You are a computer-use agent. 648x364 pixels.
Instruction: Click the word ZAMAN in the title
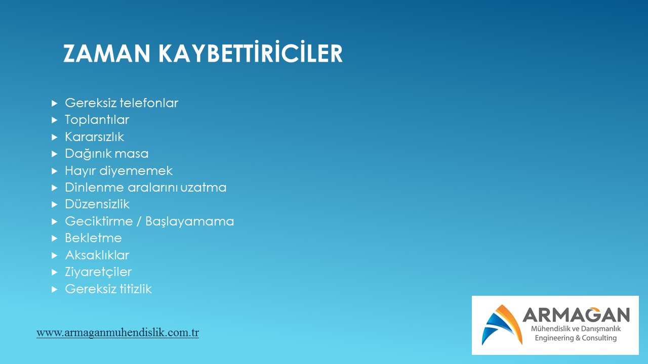(x=107, y=54)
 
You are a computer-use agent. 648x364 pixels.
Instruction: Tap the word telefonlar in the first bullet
(x=149, y=103)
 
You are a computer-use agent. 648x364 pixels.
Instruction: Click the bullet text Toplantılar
(x=97, y=120)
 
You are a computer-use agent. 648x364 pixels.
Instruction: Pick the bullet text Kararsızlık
(x=94, y=136)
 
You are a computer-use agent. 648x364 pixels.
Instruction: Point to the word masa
(x=132, y=154)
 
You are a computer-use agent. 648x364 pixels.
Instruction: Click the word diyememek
(x=136, y=171)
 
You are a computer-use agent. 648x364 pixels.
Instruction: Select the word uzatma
(x=204, y=188)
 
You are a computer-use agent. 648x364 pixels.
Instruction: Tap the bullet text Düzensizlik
(x=97, y=204)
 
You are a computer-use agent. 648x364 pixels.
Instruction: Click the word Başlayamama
(x=189, y=221)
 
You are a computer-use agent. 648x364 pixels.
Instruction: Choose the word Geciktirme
(x=99, y=221)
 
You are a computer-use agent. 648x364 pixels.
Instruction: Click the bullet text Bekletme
(x=93, y=238)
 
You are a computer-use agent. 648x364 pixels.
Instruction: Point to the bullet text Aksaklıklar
(x=97, y=255)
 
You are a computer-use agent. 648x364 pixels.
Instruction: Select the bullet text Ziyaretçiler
(x=98, y=272)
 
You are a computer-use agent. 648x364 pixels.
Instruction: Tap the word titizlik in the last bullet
(x=136, y=289)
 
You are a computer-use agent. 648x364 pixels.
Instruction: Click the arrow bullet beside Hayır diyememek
(x=54, y=171)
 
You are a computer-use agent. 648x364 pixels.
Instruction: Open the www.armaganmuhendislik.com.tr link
(x=118, y=333)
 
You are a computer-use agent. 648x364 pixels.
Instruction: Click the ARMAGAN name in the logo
(x=576, y=315)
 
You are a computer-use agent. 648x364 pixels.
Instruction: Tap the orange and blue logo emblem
(x=502, y=325)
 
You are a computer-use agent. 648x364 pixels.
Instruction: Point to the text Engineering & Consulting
(x=576, y=338)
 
